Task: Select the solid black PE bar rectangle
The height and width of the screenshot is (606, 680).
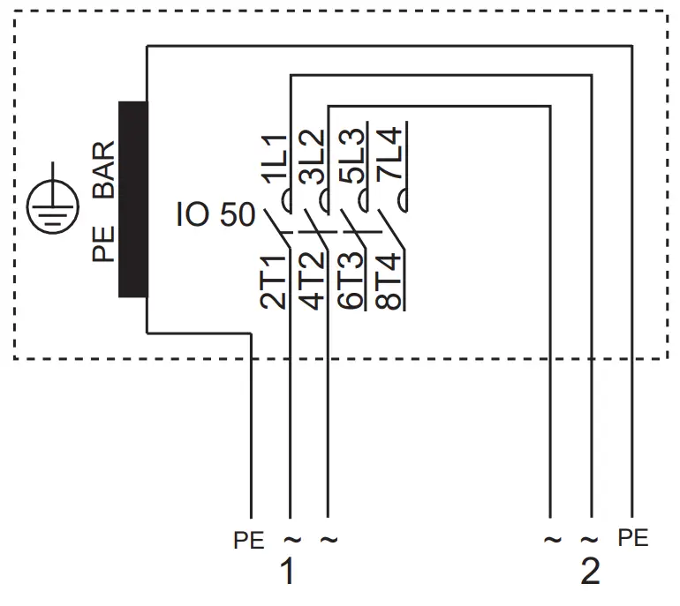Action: pos(133,199)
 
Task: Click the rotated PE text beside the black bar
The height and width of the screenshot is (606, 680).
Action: pos(105,245)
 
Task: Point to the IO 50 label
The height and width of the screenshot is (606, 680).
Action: pos(215,215)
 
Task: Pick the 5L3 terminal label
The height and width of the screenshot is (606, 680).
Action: pos(351,156)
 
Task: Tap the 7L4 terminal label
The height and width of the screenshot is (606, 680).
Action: pos(389,156)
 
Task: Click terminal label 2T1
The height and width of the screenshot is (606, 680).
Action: pos(274,281)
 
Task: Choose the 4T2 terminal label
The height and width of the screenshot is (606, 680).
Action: pos(312,281)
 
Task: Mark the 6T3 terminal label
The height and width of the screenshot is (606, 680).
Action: pos(351,281)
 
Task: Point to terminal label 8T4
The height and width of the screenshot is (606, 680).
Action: pos(389,281)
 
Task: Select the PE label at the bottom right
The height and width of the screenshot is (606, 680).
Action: pos(633,537)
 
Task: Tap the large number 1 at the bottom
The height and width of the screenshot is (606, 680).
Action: pos(286,572)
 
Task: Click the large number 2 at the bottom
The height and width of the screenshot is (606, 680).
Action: pos(590,572)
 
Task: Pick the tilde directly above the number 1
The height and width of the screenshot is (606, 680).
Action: pos(290,538)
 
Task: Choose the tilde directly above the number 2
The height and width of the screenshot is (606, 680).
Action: pos(590,539)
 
